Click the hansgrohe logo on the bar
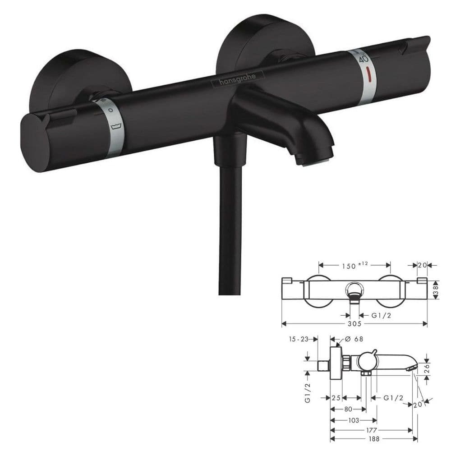(x=238, y=78)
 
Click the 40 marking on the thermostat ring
(x=364, y=58)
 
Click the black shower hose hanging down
(x=230, y=230)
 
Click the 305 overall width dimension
(x=354, y=324)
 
